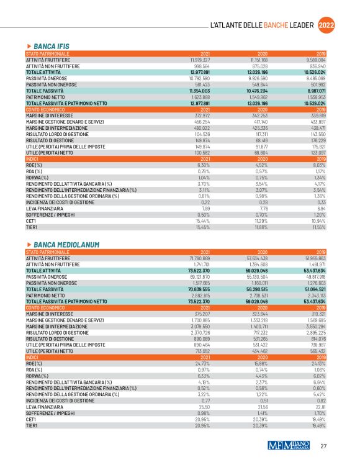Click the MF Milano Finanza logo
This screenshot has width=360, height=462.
click(x=288, y=445)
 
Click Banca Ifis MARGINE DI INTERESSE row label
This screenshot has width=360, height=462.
click(x=52, y=115)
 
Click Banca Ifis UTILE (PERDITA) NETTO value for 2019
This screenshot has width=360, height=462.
click(x=317, y=152)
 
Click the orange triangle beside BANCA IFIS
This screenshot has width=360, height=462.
click(x=29, y=47)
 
